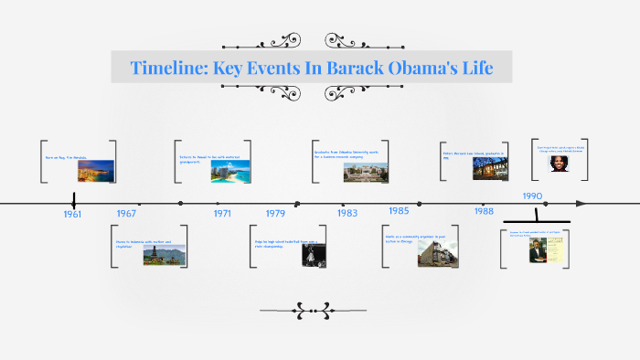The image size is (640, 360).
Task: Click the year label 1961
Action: click(72, 214)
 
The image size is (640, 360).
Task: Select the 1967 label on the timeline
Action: click(126, 213)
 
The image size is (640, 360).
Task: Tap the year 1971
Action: click(222, 213)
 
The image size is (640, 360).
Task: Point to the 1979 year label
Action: click(275, 214)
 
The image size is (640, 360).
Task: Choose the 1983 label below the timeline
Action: click(347, 213)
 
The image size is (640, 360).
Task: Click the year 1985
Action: click(398, 211)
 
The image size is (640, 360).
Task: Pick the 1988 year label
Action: click(484, 211)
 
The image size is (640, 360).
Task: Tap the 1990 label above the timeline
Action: click(533, 196)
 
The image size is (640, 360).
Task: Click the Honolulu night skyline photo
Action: click(102, 170)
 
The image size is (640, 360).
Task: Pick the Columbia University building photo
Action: click(357, 169)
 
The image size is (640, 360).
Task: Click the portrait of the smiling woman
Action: click(558, 163)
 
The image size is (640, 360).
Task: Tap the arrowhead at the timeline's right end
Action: click(581, 204)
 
